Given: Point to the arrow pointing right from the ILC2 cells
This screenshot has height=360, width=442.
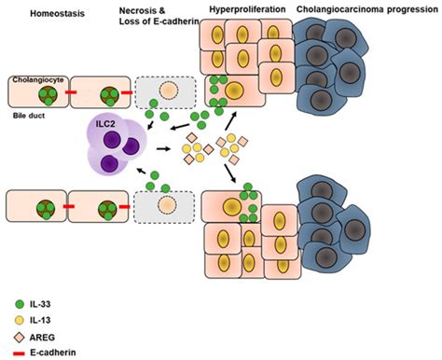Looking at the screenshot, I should [x=167, y=147].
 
